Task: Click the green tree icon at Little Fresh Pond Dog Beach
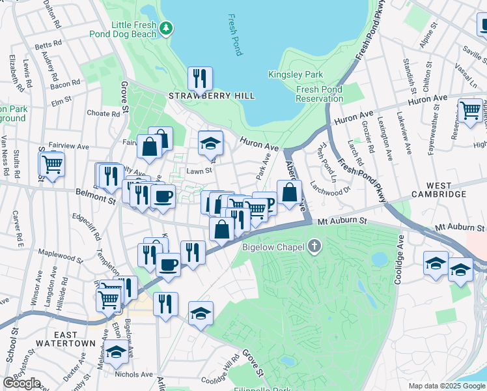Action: pyautogui.click(x=167, y=27)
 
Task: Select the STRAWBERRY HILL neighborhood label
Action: pyautogui.click(x=212, y=96)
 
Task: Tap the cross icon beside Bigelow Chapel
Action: pyautogui.click(x=315, y=247)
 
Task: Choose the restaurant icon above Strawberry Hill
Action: pyautogui.click(x=200, y=79)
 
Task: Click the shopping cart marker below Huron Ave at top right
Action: pyautogui.click(x=469, y=110)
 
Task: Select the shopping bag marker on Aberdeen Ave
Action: pyautogui.click(x=288, y=192)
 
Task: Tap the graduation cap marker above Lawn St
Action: pyautogui.click(x=210, y=143)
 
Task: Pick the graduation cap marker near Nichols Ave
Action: pyautogui.click(x=117, y=353)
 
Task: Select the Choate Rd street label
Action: pyautogui.click(x=104, y=113)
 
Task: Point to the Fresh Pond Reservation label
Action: pyautogui.click(x=320, y=94)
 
